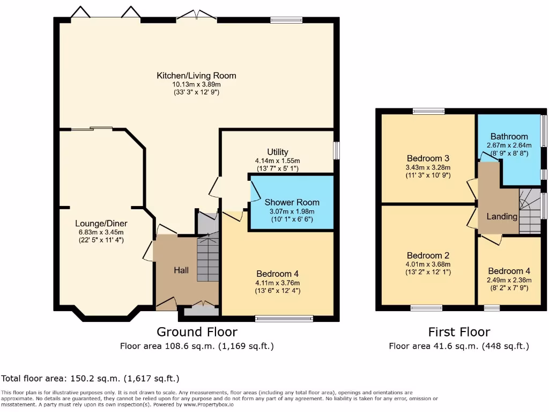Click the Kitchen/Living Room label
(x=196, y=76)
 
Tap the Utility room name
(x=278, y=152)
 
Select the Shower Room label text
(x=292, y=202)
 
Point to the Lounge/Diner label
(x=101, y=224)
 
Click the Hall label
(x=181, y=270)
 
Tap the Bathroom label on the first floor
(x=509, y=137)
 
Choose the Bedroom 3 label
(x=428, y=158)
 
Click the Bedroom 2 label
(x=428, y=255)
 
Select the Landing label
(x=502, y=217)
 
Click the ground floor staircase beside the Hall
(x=208, y=259)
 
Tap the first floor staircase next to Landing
(x=530, y=211)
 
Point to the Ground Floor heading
(x=197, y=332)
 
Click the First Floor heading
(x=459, y=332)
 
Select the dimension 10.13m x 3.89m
(x=196, y=84)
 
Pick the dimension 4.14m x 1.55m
(x=278, y=161)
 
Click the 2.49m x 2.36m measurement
(x=509, y=280)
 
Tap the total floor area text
(x=90, y=378)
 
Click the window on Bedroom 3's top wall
(x=429, y=112)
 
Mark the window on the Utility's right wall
(x=337, y=150)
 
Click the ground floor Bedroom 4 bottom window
(x=284, y=319)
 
